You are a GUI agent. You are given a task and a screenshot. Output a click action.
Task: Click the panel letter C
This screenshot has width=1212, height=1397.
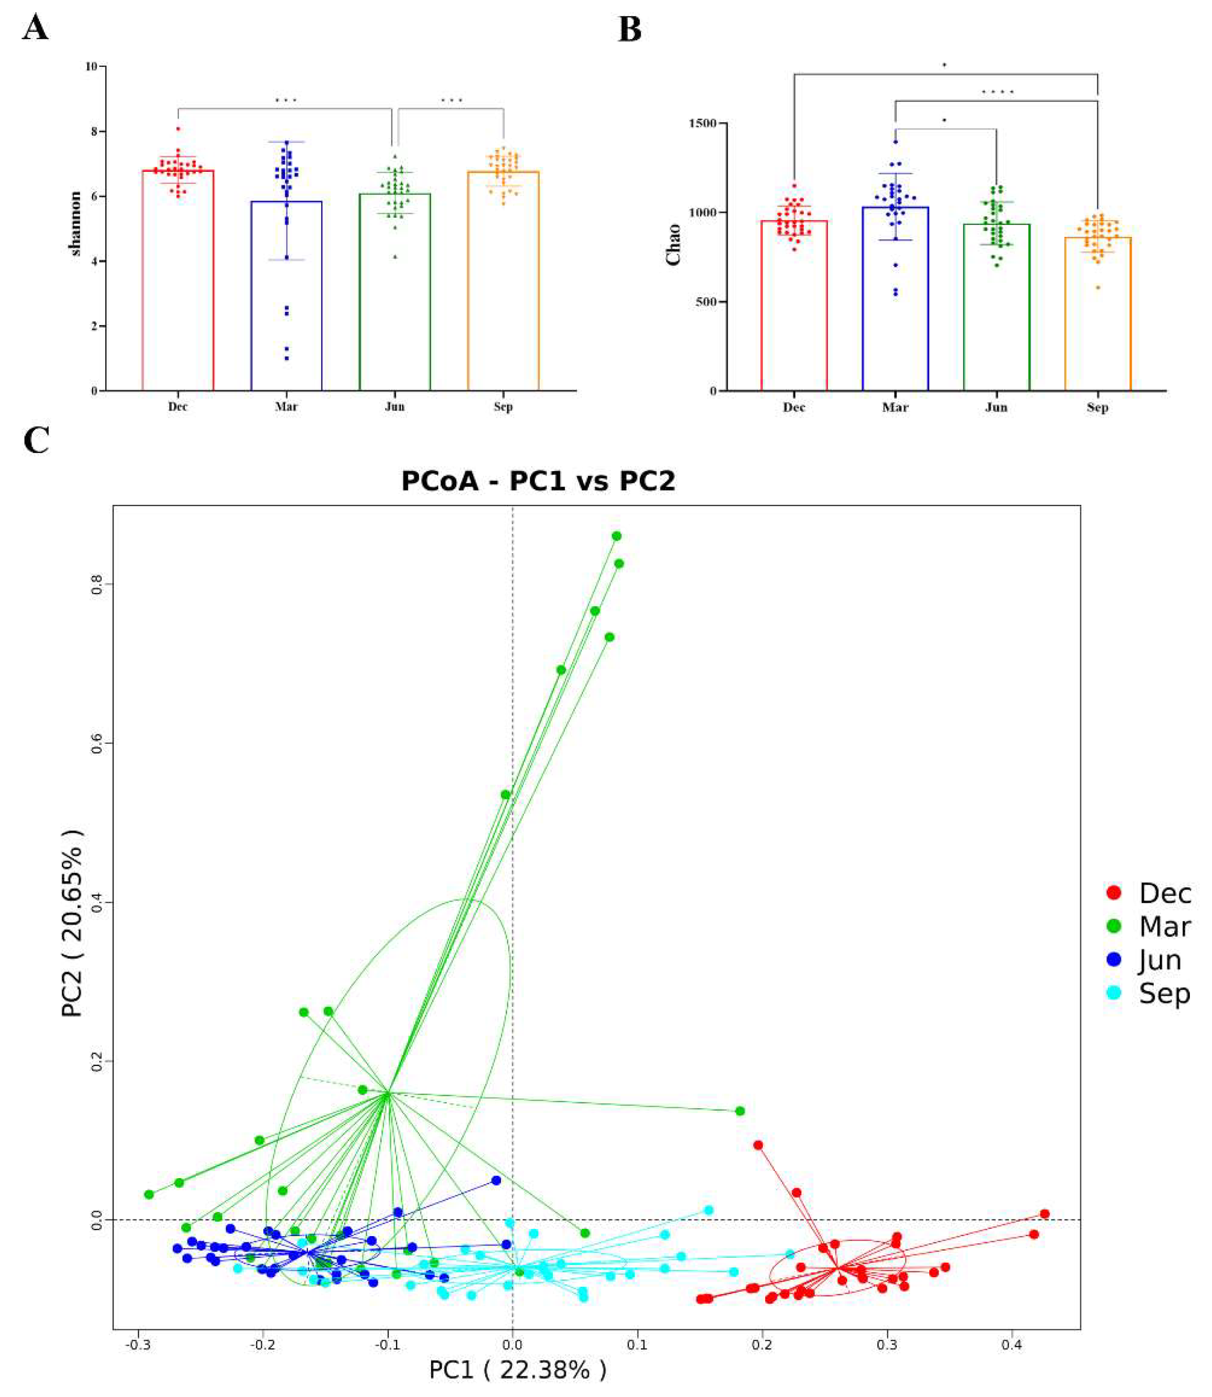pyautogui.click(x=36, y=441)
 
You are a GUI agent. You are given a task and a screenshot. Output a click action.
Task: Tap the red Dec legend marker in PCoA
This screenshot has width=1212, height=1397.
pyautogui.click(x=1113, y=893)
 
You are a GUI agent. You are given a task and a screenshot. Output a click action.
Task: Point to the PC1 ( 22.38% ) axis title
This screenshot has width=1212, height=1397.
pyautogui.click(x=518, y=1370)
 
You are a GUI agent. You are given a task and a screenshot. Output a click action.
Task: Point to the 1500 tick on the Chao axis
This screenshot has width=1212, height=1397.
pyautogui.click(x=703, y=124)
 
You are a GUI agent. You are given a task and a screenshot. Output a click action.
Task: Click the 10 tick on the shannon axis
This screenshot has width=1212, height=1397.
pyautogui.click(x=91, y=66)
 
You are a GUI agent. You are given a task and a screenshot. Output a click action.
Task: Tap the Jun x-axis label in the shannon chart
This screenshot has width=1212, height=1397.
pyautogui.click(x=394, y=407)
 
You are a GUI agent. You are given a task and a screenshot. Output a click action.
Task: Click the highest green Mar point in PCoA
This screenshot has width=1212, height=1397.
pyautogui.click(x=616, y=536)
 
